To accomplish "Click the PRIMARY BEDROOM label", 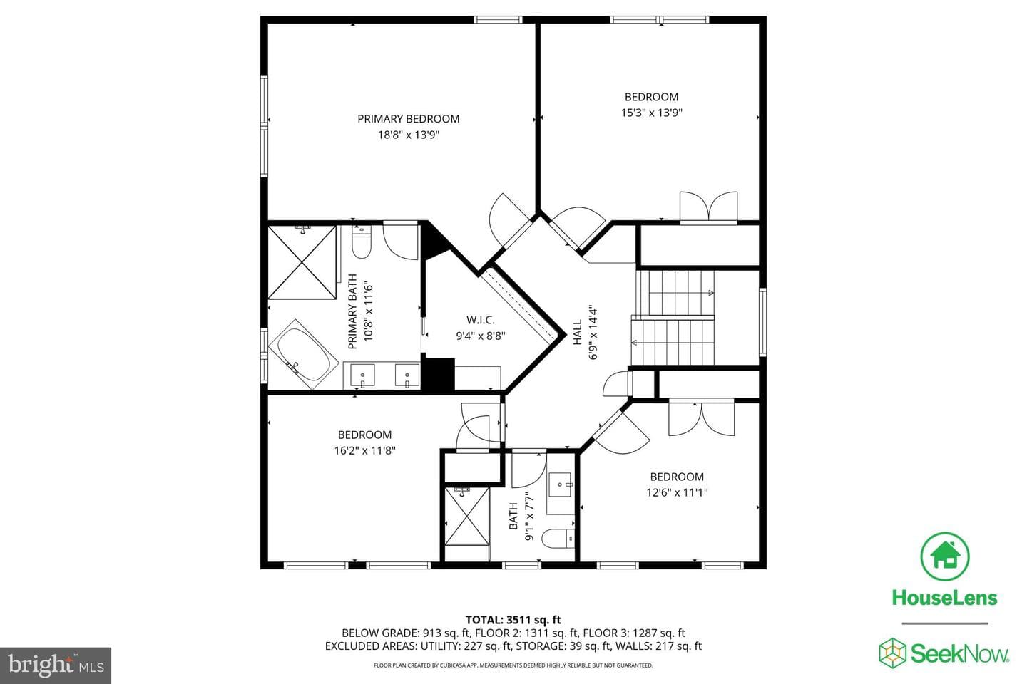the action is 408,119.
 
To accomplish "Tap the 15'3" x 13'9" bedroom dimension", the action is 652,113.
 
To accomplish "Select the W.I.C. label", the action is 481,320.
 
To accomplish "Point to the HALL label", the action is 577,332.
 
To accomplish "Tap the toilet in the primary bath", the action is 362,242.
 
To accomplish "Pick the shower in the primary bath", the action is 302,262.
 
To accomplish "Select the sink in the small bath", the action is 560,484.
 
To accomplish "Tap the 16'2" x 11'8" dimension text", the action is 364,451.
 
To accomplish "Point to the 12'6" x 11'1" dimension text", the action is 677,492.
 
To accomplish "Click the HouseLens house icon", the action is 944,556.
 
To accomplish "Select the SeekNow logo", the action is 944,653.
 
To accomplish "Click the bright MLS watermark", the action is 56,665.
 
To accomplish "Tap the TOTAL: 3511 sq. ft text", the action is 513,620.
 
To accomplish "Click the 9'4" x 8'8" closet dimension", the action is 481,336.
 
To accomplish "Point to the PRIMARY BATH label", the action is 352,311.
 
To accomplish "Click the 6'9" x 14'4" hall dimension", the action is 593,332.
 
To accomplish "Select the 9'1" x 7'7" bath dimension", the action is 529,516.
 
